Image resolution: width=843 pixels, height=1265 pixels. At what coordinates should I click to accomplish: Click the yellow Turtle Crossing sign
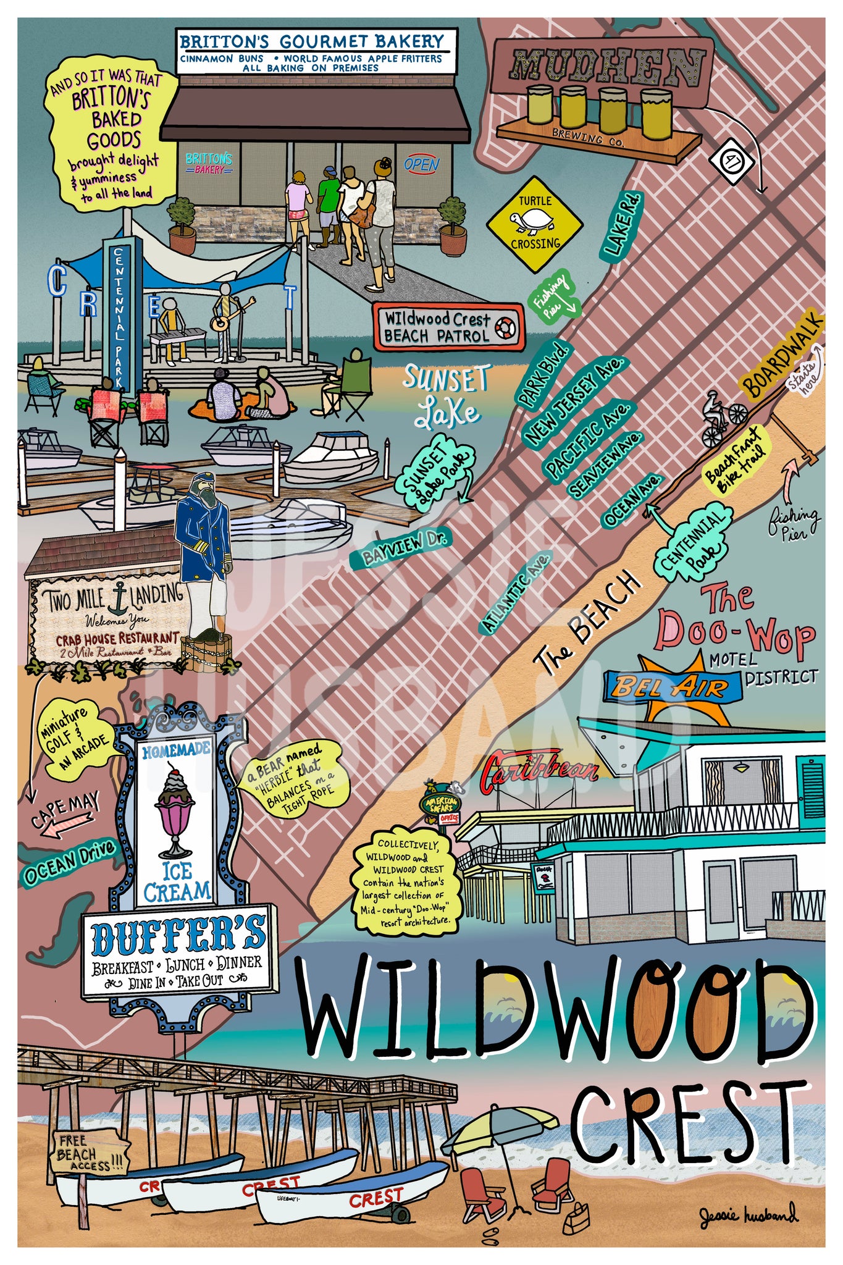coord(535,224)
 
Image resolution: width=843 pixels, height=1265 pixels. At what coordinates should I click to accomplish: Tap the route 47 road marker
coord(731,163)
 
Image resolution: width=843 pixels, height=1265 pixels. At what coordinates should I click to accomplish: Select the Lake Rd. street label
coord(622,225)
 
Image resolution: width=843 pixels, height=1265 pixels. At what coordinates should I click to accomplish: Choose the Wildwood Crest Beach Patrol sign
coord(448,327)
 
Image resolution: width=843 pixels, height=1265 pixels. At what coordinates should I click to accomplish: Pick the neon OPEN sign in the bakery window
coord(422,164)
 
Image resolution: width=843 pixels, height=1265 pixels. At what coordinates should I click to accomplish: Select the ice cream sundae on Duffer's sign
coord(175,809)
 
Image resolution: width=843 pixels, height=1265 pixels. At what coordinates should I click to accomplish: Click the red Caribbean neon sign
coord(540,771)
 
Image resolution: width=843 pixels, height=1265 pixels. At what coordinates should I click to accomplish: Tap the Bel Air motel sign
coord(673,686)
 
